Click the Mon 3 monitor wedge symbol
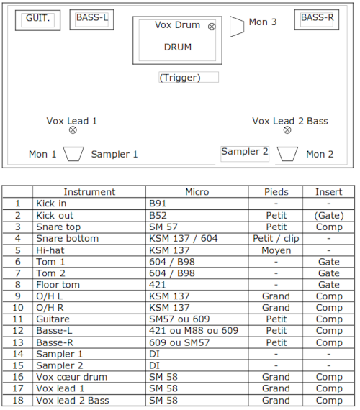237,27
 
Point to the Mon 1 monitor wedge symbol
73,154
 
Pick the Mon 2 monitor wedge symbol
287,154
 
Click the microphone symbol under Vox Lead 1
73,130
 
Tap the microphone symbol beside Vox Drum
212,27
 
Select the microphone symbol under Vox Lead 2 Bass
287,130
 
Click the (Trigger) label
180,78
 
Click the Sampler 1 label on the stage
114,154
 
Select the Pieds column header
276,192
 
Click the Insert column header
328,192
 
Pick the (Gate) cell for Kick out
329,216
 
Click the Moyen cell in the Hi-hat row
276,250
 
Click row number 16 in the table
18,377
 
